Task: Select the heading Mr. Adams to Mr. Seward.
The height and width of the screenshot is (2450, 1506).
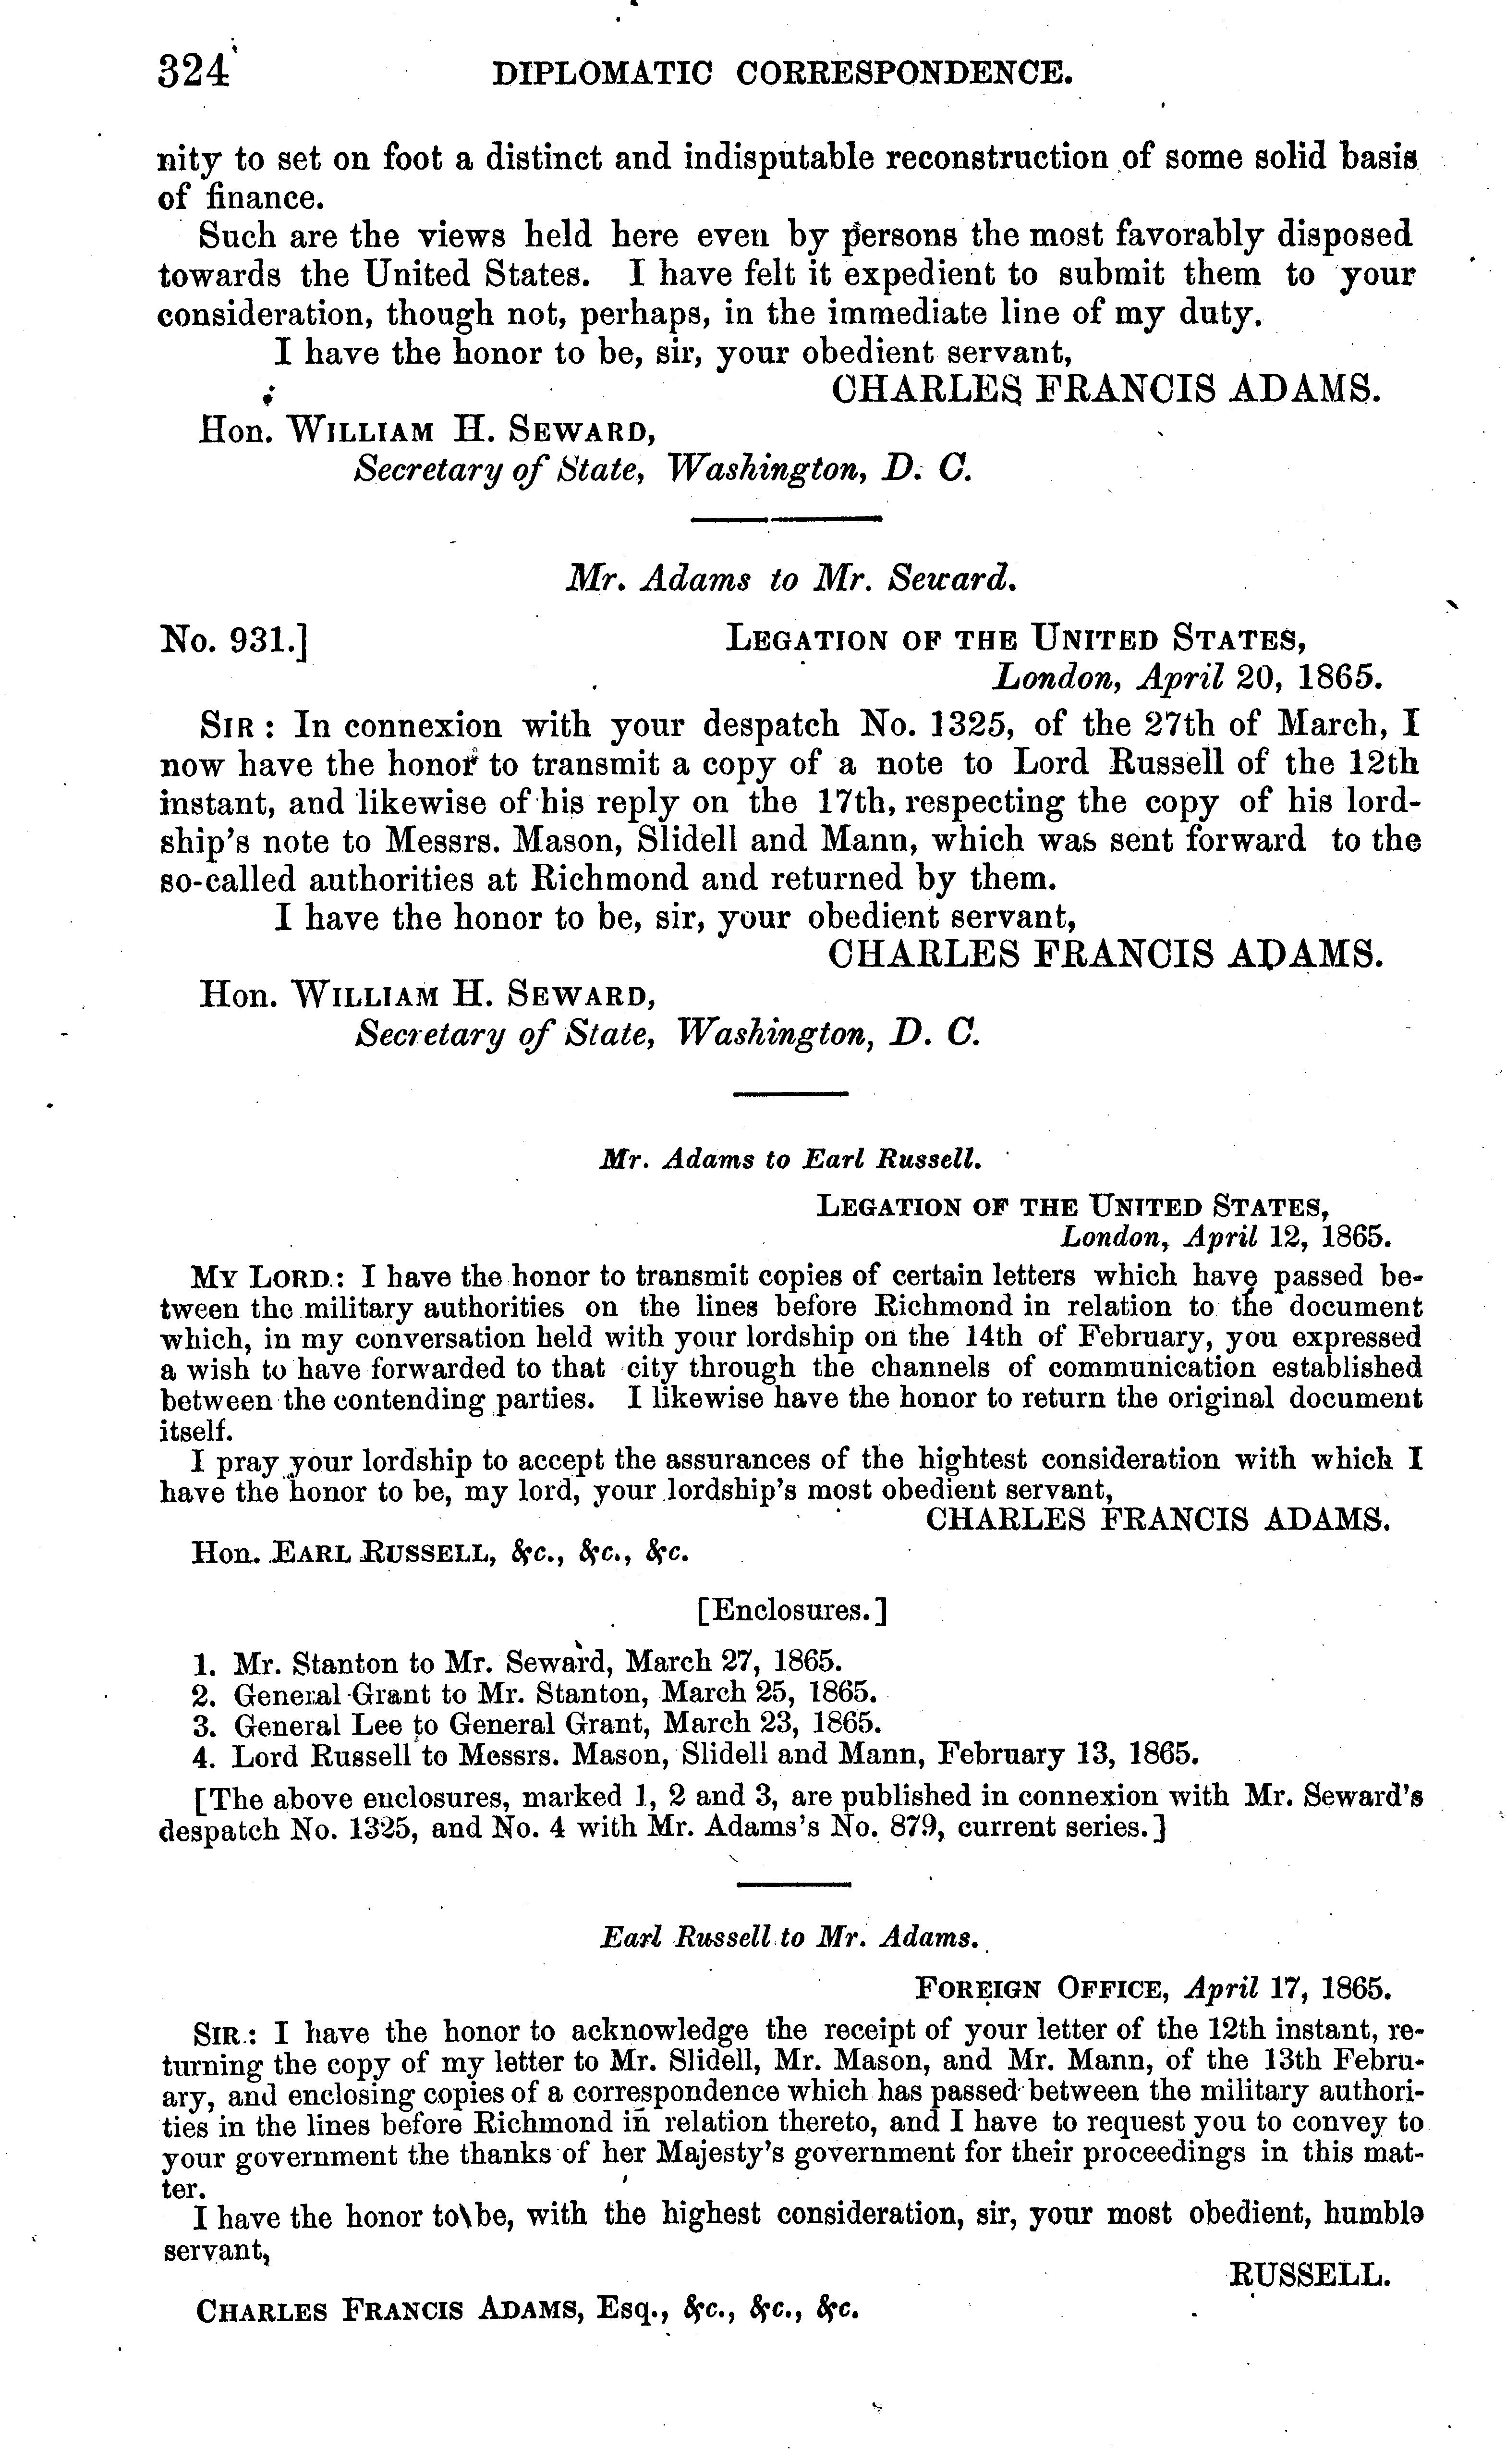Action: click(790, 578)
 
